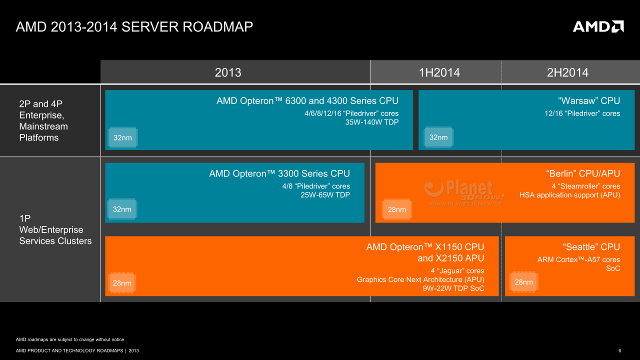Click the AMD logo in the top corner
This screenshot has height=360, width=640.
coord(598,26)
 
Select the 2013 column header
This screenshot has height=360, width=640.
coord(228,72)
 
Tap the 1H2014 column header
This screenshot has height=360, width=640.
coord(439,72)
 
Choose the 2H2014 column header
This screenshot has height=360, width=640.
coord(567,72)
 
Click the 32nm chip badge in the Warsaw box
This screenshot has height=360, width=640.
coord(438,137)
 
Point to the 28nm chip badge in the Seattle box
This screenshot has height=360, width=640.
coord(523,282)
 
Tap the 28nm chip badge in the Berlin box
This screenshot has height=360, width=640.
coord(396,209)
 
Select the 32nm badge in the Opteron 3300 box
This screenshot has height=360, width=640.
coord(122,209)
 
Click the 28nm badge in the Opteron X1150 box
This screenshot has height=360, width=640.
coord(122,283)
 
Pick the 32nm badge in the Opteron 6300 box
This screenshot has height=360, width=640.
coord(122,137)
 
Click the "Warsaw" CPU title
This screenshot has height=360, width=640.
coord(589,100)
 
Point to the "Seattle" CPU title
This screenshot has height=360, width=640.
coord(591,247)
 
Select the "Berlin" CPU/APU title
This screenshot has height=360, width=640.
coord(583,173)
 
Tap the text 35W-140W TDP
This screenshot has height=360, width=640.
coord(371,122)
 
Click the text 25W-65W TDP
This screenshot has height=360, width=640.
coord(325,195)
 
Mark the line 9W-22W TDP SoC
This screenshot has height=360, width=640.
coord(453,288)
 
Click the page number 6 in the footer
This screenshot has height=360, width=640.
coord(619,350)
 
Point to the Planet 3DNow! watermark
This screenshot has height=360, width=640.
coord(464,192)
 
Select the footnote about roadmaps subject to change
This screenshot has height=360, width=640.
coord(70,339)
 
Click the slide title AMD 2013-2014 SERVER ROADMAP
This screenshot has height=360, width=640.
coord(134,27)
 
